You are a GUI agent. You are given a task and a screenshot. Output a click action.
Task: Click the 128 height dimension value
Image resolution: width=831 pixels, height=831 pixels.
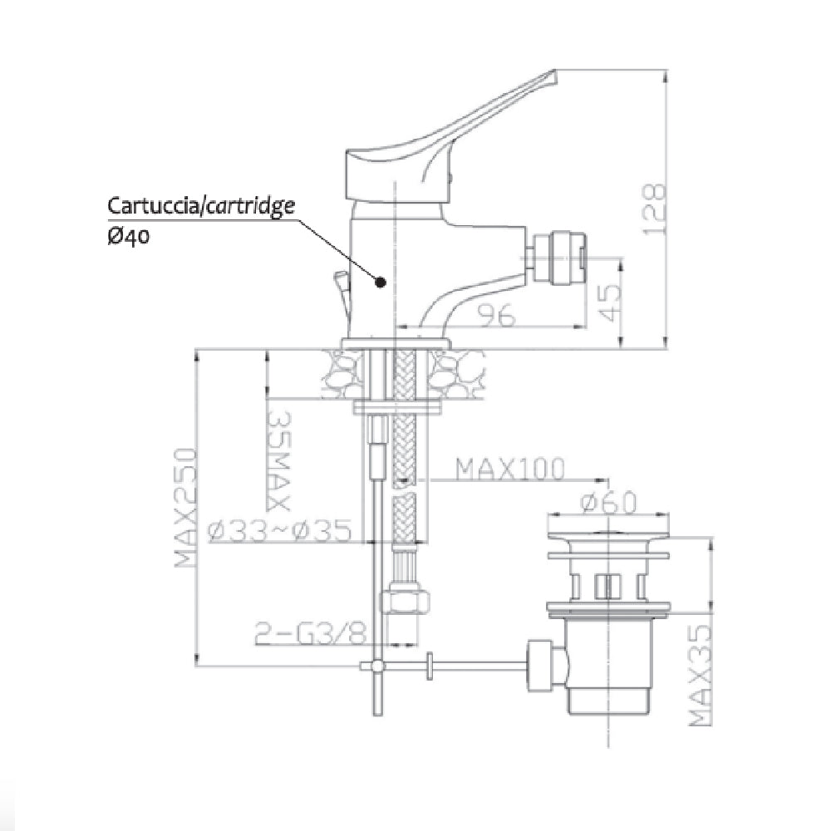(655, 209)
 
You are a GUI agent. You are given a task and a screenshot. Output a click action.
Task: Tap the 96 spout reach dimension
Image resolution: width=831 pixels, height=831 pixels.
(496, 315)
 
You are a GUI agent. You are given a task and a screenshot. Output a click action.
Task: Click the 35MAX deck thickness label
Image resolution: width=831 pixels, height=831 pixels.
(277, 460)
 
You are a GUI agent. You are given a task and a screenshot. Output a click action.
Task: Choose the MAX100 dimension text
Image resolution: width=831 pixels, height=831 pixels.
(509, 470)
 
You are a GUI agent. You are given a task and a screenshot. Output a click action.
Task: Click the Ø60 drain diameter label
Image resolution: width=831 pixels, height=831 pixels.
(608, 503)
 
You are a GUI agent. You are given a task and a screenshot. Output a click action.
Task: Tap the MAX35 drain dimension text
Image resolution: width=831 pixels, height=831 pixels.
(703, 674)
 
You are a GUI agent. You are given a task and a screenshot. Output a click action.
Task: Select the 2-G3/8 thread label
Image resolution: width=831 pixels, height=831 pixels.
(309, 634)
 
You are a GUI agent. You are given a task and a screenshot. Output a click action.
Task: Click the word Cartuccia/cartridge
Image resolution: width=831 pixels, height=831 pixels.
(201, 206)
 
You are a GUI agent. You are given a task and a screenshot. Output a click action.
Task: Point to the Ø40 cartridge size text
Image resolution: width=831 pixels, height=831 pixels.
(128, 236)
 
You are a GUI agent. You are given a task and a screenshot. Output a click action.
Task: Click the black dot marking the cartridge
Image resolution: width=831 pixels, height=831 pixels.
(381, 283)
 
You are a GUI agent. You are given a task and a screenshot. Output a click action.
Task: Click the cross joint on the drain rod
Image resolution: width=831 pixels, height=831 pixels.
(378, 666)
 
